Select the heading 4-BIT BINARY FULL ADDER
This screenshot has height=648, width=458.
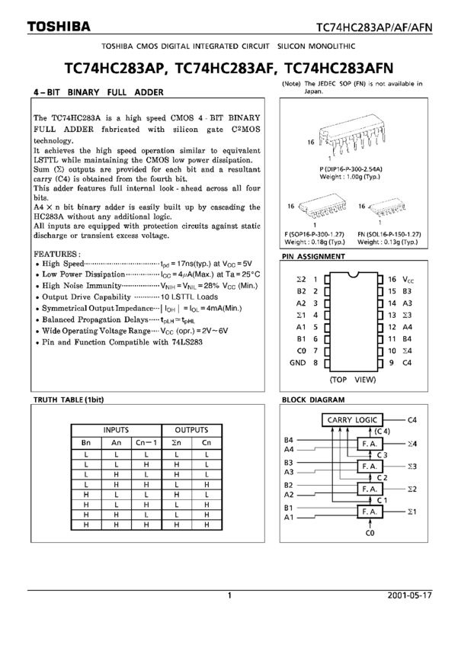coord(98,93)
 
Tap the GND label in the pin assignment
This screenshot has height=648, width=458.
coord(297,363)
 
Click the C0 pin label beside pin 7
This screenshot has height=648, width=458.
coord(301,351)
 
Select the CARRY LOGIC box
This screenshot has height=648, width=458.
coord(351,419)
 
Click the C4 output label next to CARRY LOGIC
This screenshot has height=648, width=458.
coord(412,419)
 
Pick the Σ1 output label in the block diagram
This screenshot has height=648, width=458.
coord(412,511)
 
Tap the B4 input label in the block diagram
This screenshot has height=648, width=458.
coord(289,439)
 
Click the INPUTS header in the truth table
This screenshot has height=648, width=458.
coord(116,430)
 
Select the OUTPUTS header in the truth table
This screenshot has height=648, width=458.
coord(191,430)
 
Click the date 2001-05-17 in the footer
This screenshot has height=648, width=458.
coord(408,595)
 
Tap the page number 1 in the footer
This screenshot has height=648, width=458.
coord(229,595)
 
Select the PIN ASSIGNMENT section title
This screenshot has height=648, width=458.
coord(313,257)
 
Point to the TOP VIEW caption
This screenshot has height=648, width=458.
coord(353,378)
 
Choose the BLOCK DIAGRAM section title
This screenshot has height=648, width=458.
coord(312,399)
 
